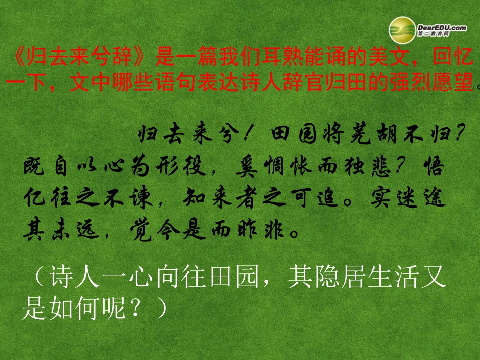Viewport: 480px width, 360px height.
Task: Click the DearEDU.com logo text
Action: click(x=442, y=28)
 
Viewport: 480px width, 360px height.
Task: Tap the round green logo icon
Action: click(x=402, y=29)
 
